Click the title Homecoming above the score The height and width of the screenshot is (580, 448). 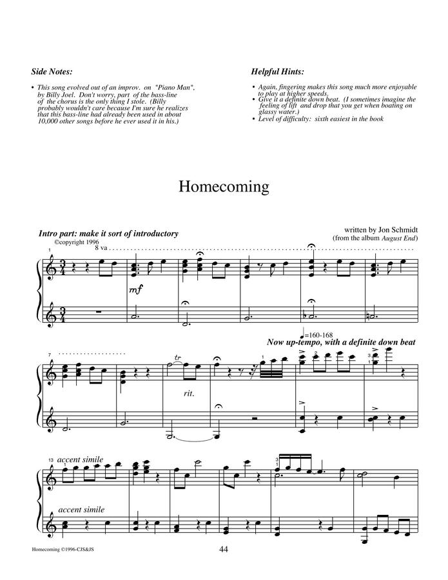coord(223,186)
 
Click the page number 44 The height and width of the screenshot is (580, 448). coord(224,549)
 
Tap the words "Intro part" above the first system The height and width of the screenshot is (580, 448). coord(59,233)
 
